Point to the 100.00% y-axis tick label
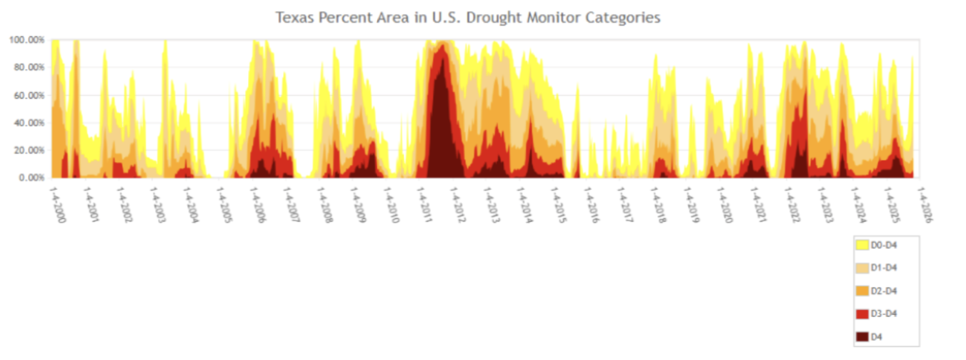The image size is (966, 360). coord(26,40)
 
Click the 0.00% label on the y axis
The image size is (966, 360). coord(31,177)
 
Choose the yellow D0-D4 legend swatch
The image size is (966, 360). coord(862,245)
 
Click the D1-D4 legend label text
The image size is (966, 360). coord(889,268)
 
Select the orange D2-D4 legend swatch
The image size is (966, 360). coord(862,291)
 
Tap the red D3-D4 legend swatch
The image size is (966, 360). coord(862,314)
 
